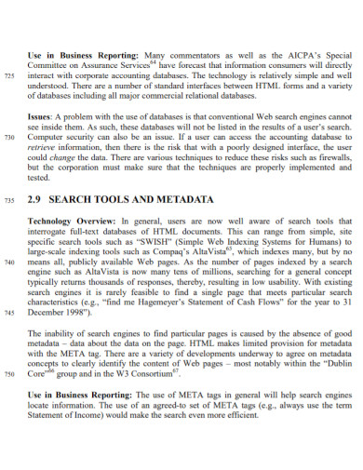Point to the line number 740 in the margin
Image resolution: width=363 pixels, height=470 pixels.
pos(11,262)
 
